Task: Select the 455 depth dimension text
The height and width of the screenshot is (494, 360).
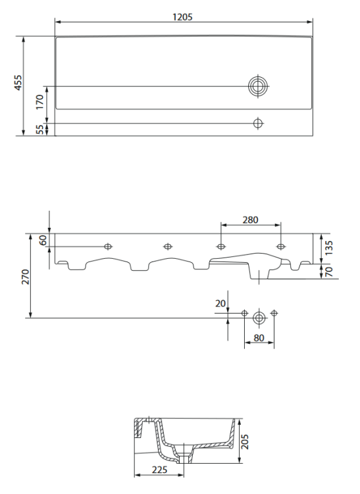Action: click(18, 82)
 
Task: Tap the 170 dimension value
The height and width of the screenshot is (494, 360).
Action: click(39, 102)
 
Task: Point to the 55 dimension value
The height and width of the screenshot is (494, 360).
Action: click(39, 130)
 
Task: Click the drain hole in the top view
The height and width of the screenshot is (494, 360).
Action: click(258, 86)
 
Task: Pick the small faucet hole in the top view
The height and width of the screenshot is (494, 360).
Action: click(258, 123)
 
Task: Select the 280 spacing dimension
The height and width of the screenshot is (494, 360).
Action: click(250, 219)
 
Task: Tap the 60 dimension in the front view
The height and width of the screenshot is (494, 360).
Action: click(43, 240)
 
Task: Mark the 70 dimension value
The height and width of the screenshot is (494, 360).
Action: click(329, 271)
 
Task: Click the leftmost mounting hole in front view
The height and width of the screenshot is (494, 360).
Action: click(109, 246)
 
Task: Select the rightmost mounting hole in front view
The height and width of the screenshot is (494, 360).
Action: click(281, 246)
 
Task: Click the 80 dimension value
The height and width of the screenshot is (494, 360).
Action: click(259, 339)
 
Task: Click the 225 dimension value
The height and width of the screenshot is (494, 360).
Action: click(159, 470)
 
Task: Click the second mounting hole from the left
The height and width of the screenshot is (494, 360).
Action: click(167, 246)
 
